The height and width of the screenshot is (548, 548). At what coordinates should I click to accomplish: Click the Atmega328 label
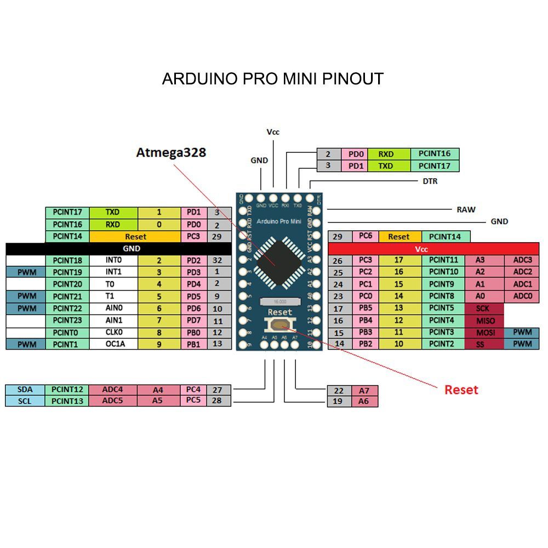pos(171,152)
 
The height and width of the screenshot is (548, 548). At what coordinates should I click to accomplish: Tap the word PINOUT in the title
pos(352,79)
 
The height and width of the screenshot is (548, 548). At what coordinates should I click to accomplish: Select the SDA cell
pos(25,390)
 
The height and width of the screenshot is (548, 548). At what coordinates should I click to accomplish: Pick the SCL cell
pos(25,401)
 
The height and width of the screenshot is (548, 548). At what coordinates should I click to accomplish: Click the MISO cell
pos(483,321)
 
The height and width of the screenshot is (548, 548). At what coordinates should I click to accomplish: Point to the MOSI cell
pos(483,333)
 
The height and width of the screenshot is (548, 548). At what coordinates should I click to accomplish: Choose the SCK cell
pos(483,309)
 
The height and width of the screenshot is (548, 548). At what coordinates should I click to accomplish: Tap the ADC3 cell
pos(522,260)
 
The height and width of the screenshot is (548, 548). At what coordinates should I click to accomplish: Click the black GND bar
pos(132,248)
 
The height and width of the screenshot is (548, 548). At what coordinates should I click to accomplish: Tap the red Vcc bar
pos(421,249)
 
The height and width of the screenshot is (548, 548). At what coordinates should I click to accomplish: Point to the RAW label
pos(466,209)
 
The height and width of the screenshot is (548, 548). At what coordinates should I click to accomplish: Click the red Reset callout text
pos(461,390)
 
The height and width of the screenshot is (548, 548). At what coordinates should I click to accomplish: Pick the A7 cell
pos(364,391)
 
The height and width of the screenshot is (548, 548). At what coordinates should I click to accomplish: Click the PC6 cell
pos(366,237)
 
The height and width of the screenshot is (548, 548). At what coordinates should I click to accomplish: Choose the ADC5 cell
pos(112,401)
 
